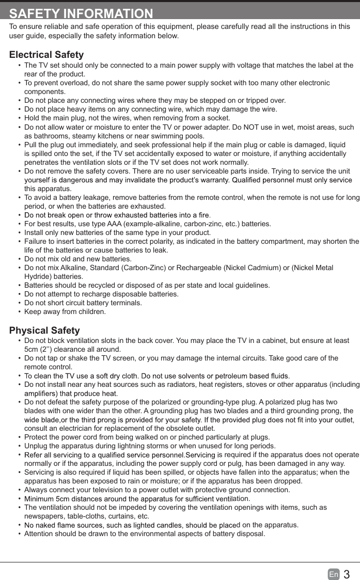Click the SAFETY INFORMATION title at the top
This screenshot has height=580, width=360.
[x=81, y=13]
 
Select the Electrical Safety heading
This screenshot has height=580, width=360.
[x=46, y=55]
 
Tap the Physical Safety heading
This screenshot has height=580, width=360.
[x=44, y=331]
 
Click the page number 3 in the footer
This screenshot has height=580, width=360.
[x=347, y=574]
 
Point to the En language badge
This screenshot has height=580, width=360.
[x=334, y=574]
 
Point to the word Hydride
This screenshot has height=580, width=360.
[x=37, y=276]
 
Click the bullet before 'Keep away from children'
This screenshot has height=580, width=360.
[x=19, y=311]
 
